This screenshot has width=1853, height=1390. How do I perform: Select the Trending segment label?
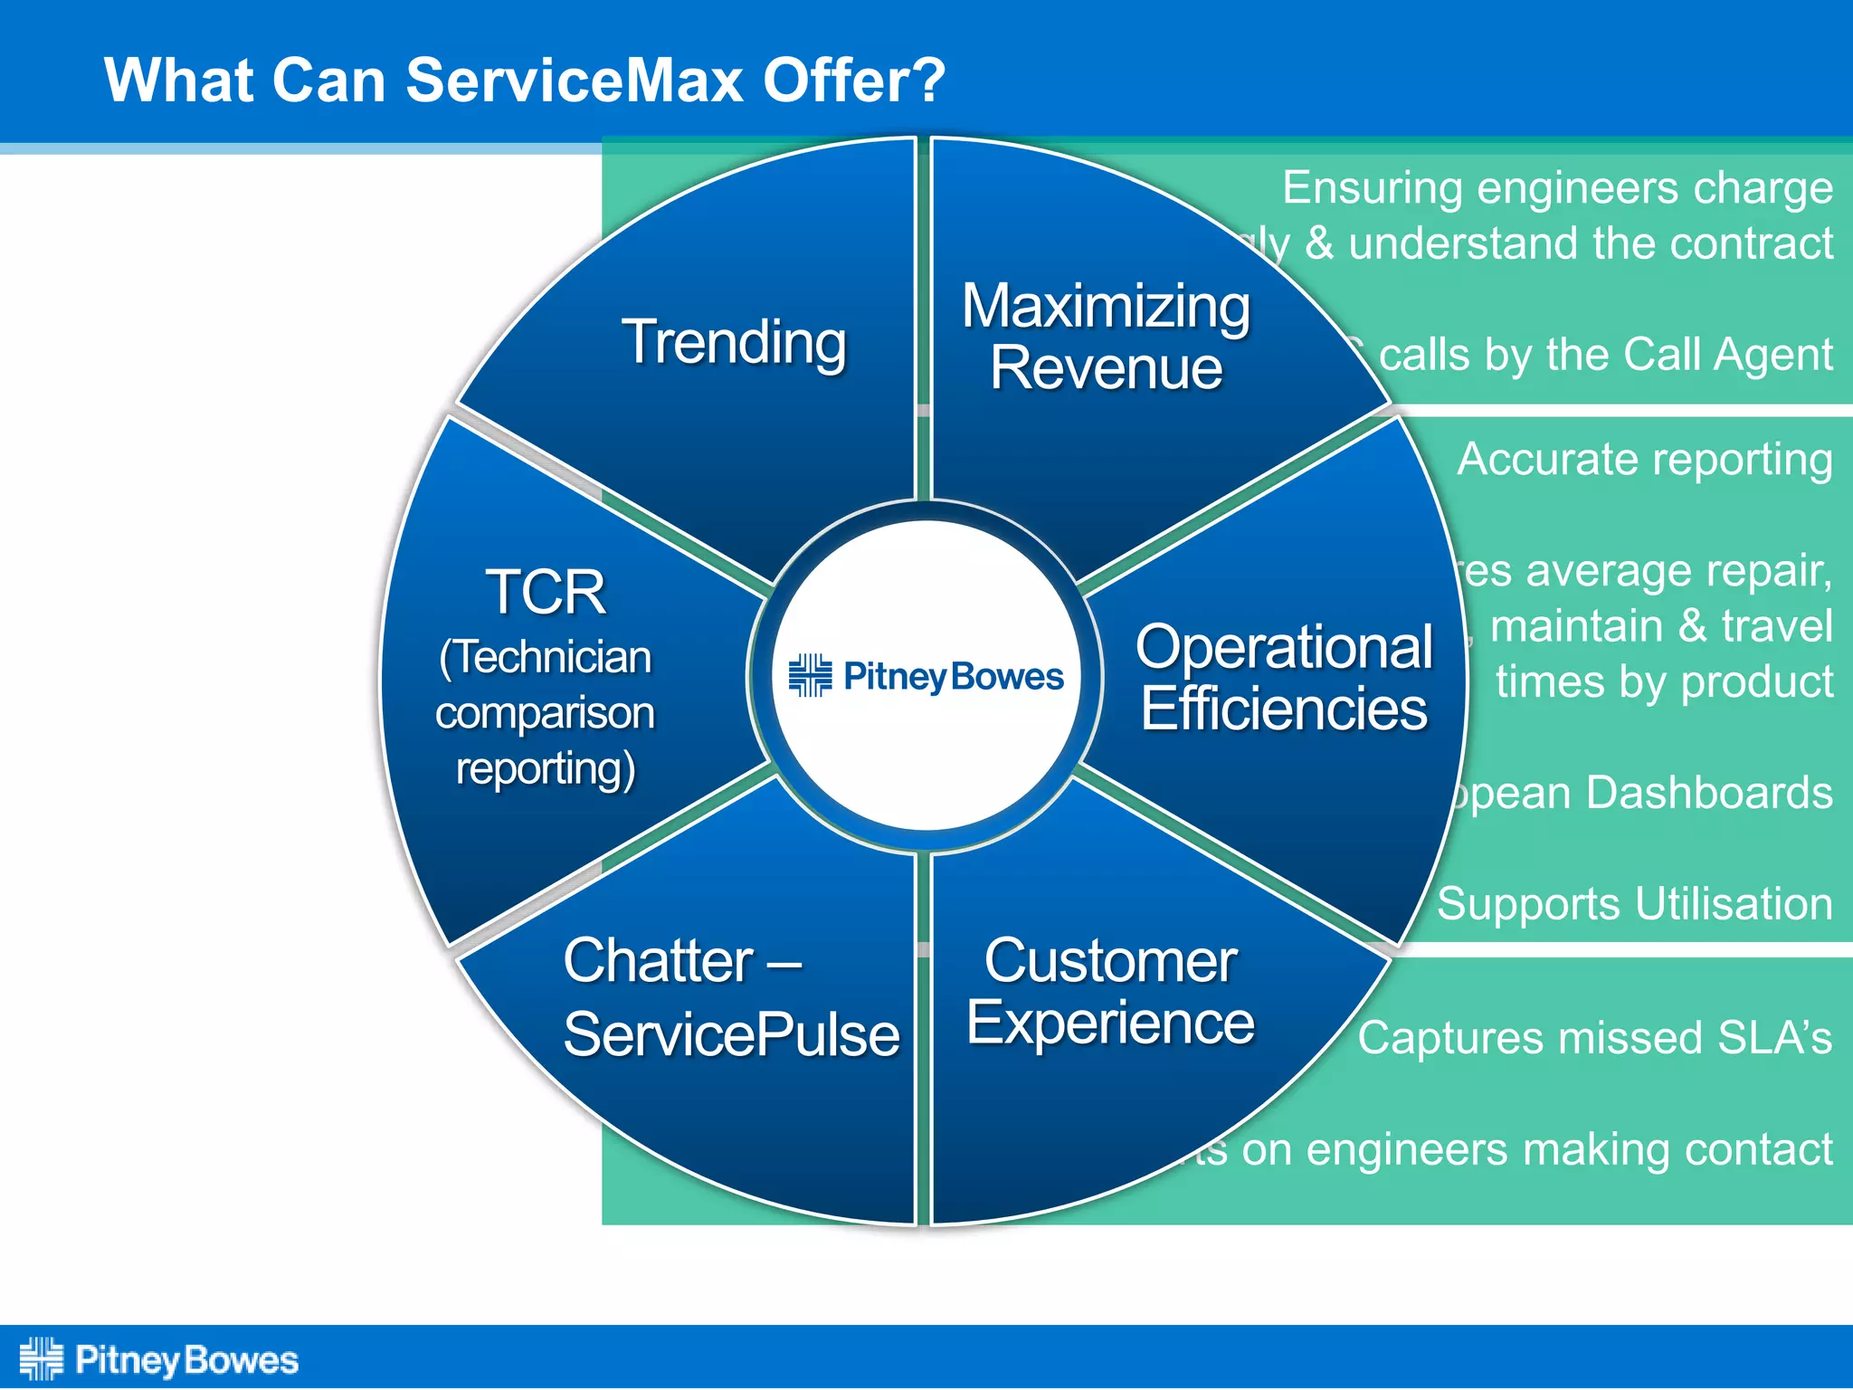point(734,343)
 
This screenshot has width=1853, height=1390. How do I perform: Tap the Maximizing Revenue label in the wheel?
point(1106,337)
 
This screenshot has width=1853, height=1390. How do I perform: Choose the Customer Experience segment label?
point(1110,992)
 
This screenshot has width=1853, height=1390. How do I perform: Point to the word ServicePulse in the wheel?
point(731,1035)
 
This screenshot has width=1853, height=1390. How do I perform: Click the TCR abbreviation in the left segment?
point(546,594)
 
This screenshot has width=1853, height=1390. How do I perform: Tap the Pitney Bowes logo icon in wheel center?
point(810,676)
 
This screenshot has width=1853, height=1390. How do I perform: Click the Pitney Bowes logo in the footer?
point(159,1359)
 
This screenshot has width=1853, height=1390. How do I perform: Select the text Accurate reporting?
point(1644,460)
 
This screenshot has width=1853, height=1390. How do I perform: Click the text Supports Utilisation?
point(1634,904)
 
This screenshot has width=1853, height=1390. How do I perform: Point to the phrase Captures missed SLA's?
point(1594,1038)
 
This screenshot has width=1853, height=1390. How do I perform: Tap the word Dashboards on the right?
point(1709,793)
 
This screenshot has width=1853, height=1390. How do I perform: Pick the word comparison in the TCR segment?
point(545,714)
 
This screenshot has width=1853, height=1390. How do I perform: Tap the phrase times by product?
point(1663,681)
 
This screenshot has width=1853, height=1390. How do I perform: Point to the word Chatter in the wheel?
point(658,961)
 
